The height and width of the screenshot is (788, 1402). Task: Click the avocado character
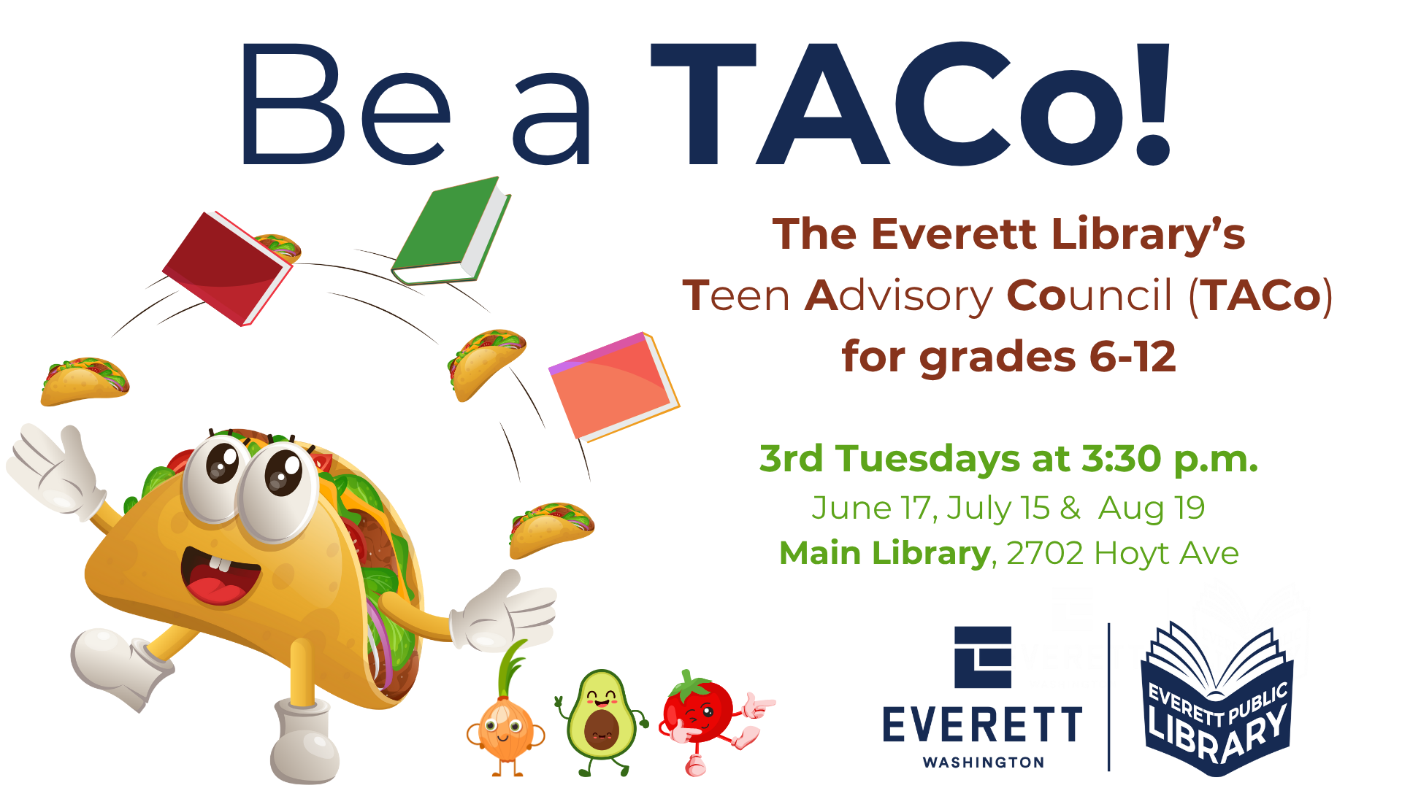(601, 719)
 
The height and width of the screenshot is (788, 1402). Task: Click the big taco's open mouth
(219, 576)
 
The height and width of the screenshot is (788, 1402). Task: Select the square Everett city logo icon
(983, 657)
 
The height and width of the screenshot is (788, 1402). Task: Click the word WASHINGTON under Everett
(984, 762)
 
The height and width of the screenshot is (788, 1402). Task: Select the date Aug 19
(1152, 508)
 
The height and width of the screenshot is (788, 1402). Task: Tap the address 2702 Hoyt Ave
(1122, 553)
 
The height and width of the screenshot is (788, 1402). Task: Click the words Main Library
(884, 553)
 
